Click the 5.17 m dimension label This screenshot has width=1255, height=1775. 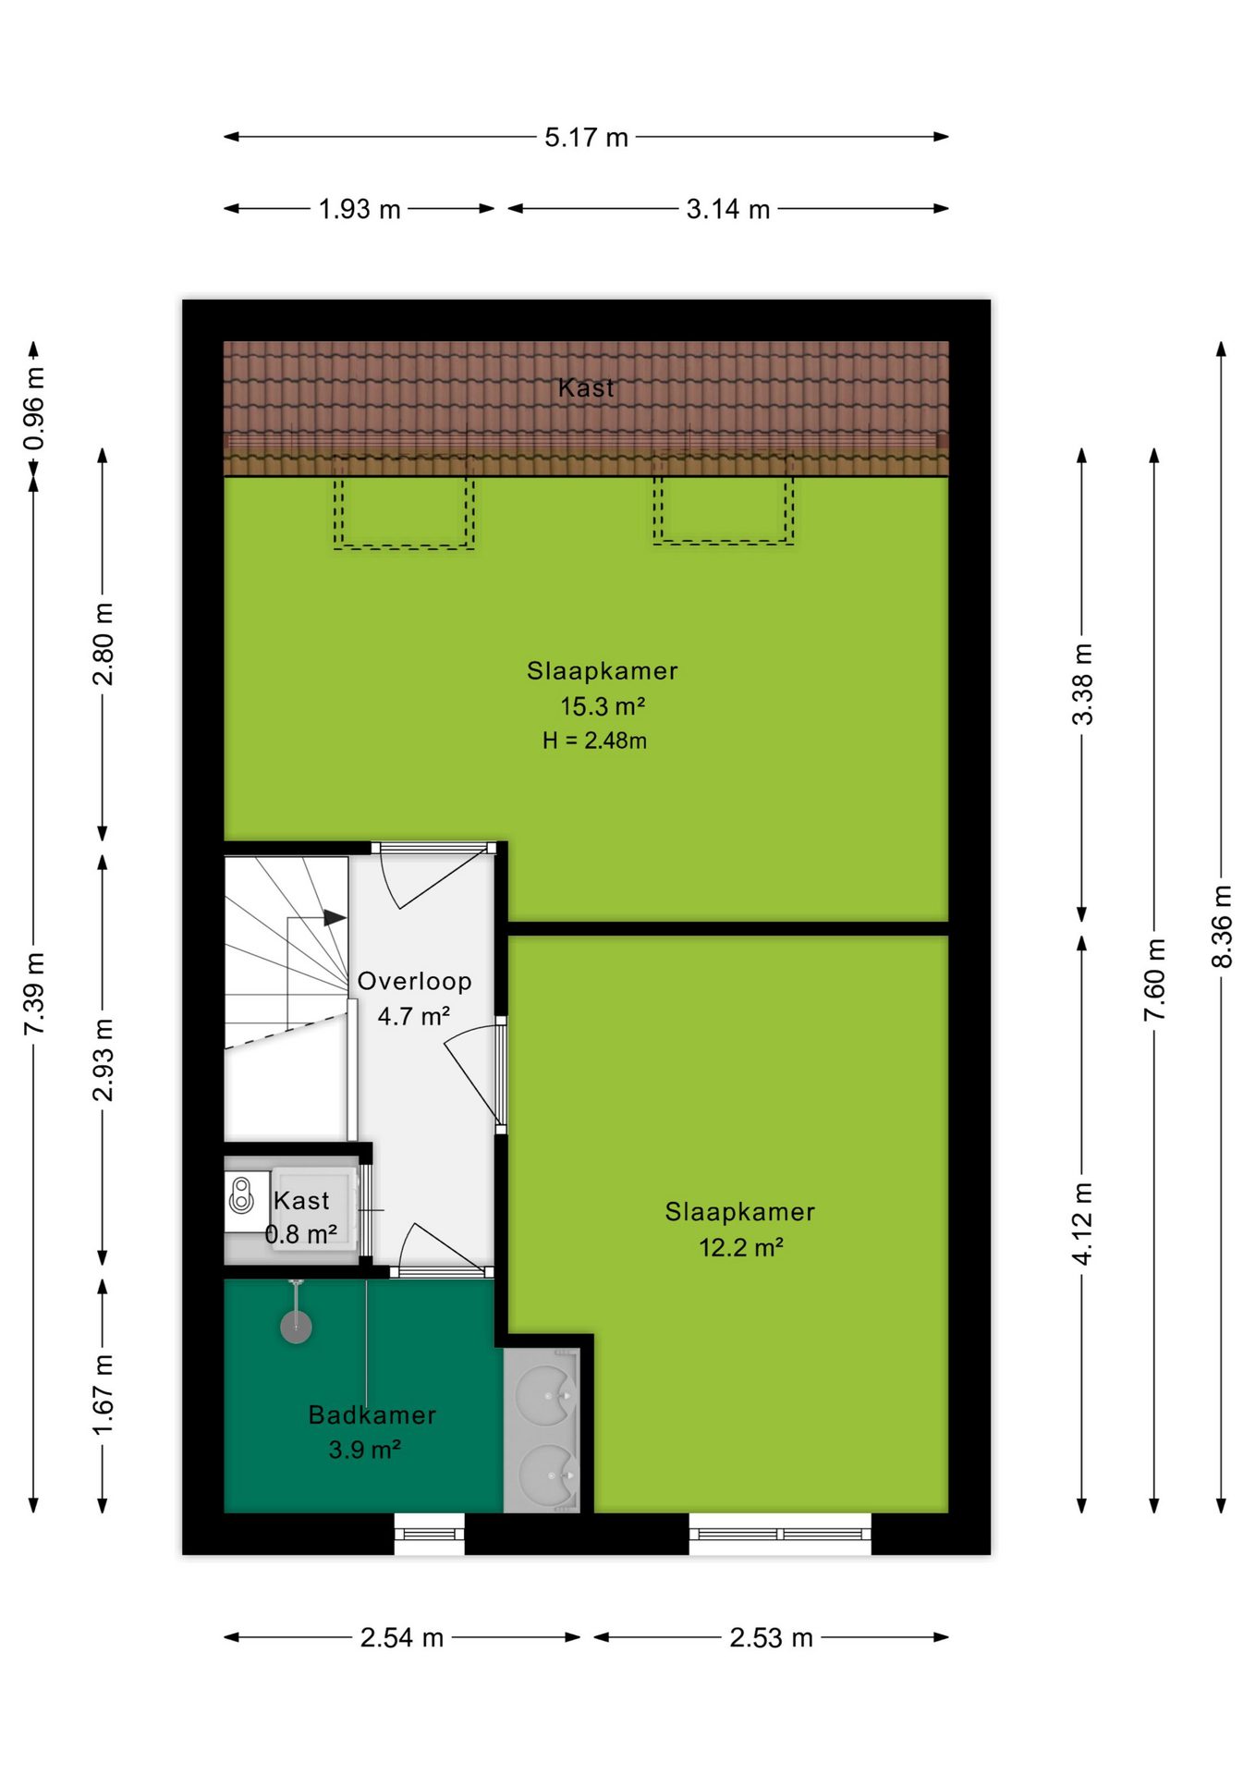pyautogui.click(x=586, y=138)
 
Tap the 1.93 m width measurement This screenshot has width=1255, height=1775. pyautogui.click(x=359, y=210)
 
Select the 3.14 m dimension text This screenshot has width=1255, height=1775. pyautogui.click(x=728, y=210)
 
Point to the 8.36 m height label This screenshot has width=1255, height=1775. pyautogui.click(x=1222, y=926)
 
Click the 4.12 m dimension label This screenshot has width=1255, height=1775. pyautogui.click(x=1082, y=1222)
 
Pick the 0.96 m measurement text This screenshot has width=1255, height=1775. pyautogui.click(x=34, y=409)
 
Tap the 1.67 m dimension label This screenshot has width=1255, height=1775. pyautogui.click(x=103, y=1395)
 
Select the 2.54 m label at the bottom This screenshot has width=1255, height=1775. pyautogui.click(x=402, y=1638)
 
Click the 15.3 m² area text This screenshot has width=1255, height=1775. pyautogui.click(x=603, y=706)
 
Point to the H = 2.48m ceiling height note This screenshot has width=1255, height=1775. pyautogui.click(x=594, y=741)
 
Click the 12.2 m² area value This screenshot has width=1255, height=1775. pyautogui.click(x=741, y=1247)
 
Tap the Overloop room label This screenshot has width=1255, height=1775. pyautogui.click(x=415, y=981)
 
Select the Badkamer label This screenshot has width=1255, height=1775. pyautogui.click(x=372, y=1414)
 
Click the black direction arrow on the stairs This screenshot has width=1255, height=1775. pyautogui.click(x=335, y=918)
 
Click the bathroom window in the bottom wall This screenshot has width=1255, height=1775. pyautogui.click(x=429, y=1534)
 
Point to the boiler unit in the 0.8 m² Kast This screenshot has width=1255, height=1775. pyautogui.click(x=242, y=1194)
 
